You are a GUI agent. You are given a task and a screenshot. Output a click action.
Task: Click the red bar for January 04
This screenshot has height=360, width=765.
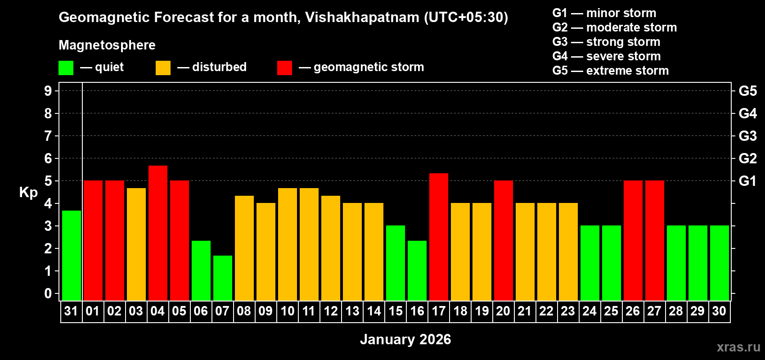158,233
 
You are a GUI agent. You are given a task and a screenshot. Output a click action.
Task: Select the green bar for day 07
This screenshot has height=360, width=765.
223,278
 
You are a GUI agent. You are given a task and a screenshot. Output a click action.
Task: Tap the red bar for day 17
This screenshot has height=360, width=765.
439,237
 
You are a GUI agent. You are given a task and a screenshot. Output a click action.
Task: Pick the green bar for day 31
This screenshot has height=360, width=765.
72,255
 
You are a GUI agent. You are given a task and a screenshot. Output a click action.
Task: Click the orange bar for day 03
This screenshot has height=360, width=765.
136,244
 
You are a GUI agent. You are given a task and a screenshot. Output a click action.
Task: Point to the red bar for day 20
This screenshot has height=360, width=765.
504,240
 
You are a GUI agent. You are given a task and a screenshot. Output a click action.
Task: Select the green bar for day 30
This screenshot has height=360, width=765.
720,263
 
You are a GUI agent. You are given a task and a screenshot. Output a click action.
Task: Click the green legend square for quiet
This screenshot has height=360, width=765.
66,68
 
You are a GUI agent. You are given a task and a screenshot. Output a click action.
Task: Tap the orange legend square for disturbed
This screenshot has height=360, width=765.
163,68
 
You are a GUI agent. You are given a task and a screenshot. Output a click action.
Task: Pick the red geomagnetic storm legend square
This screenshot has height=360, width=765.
284,68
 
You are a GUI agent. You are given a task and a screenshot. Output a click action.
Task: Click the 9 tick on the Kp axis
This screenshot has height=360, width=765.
48,91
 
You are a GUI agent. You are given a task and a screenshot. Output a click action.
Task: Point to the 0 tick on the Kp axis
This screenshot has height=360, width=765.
48,293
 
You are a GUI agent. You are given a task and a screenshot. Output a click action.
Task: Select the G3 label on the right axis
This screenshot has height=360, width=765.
747,136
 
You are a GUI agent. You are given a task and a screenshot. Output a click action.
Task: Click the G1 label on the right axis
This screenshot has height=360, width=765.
747,181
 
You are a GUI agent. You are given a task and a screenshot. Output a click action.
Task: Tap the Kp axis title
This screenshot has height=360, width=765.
28,193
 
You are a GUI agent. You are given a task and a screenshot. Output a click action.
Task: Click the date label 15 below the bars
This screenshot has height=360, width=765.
396,311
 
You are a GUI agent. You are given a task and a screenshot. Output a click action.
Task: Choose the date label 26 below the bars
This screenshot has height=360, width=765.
633,311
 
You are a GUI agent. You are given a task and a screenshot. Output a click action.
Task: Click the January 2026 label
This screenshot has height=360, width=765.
405,339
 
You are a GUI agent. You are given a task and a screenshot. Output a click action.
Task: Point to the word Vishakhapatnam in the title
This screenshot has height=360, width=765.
362,18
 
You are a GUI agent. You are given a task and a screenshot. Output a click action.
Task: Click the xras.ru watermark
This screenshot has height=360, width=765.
738,346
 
